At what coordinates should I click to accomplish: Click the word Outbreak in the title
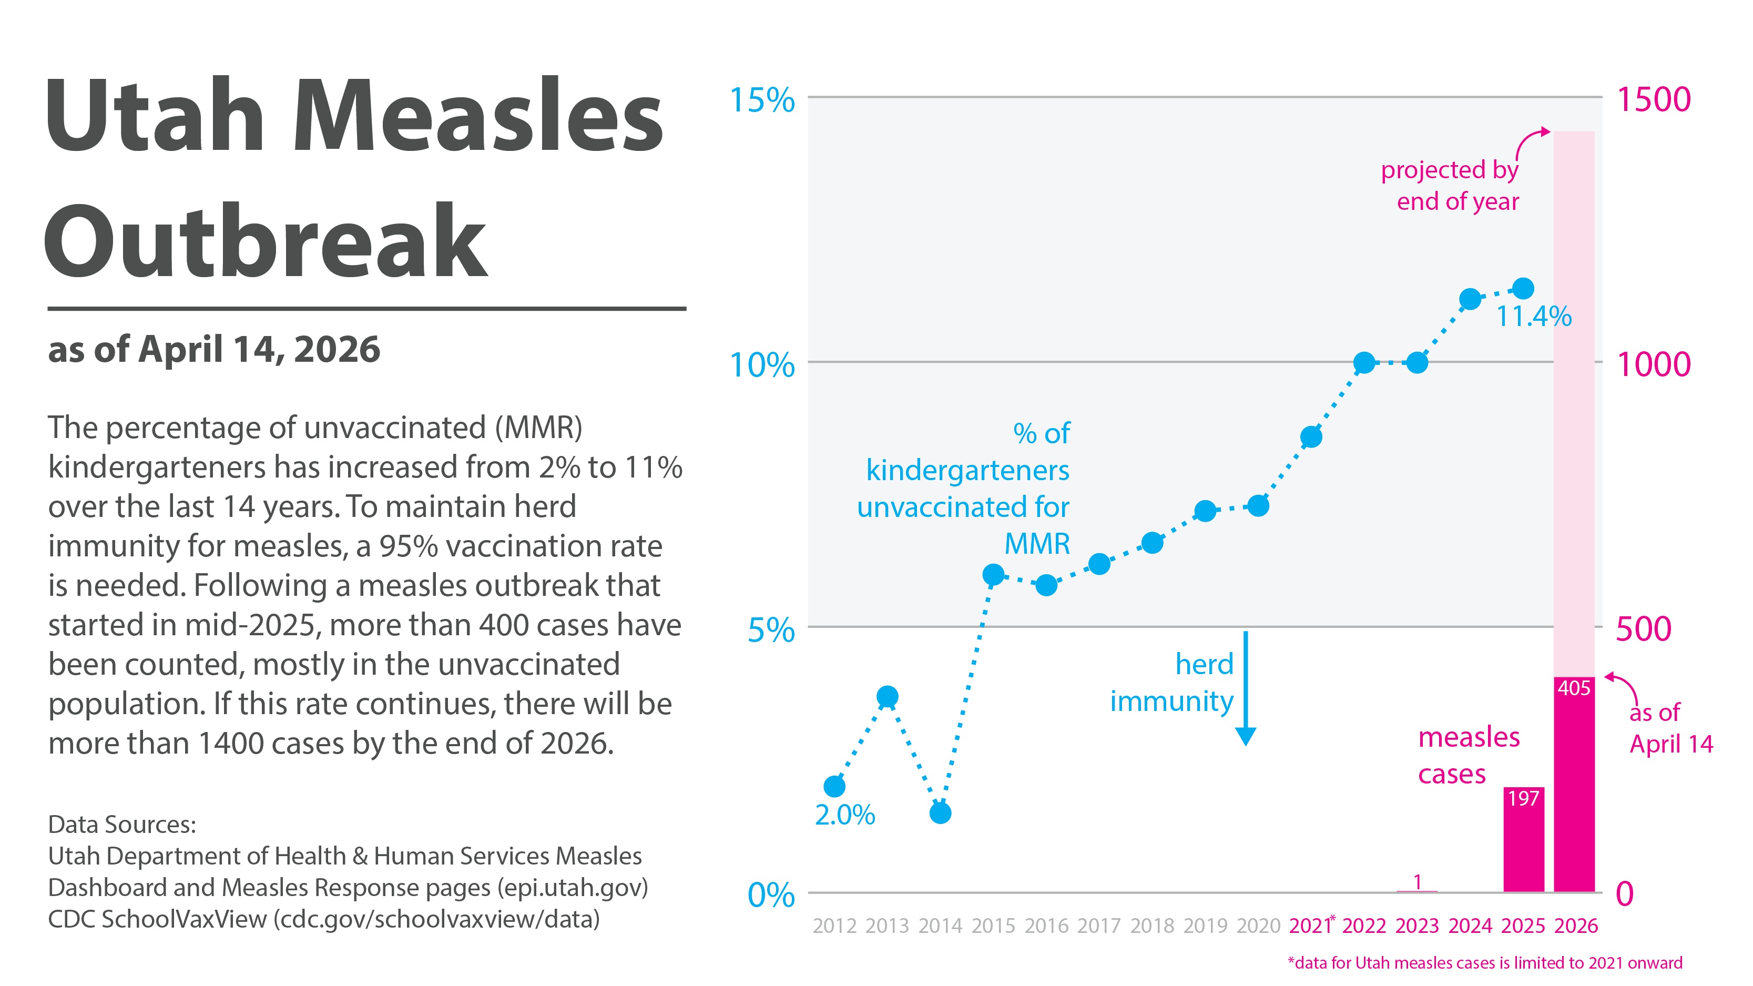click(266, 241)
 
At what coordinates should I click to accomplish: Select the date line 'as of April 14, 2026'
click(213, 350)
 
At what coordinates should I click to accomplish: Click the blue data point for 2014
click(940, 812)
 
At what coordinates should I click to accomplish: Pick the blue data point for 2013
click(888, 696)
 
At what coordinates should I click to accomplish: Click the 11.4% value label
click(1533, 317)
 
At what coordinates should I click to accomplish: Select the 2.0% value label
click(844, 815)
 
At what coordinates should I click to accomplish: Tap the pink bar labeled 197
click(1523, 840)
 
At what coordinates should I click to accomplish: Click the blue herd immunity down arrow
click(1245, 687)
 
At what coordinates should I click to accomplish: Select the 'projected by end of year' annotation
click(1450, 185)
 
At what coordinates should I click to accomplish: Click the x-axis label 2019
click(1205, 926)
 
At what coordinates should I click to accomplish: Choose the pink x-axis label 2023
click(1417, 926)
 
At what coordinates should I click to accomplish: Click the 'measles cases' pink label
click(1468, 755)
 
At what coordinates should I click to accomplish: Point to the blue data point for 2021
click(1311, 437)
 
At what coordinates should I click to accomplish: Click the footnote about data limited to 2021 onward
click(1484, 963)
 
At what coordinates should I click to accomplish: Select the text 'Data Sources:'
click(122, 824)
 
